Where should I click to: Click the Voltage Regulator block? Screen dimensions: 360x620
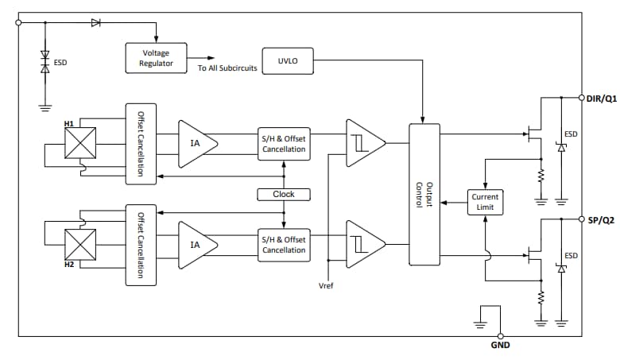pos(157,58)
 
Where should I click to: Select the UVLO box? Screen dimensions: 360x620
pos(286,60)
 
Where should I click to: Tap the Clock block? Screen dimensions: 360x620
pos(283,194)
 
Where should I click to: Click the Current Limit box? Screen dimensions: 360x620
pos(485,202)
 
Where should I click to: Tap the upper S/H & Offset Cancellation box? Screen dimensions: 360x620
pos(283,143)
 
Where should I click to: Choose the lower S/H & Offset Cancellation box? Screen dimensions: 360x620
pos(283,244)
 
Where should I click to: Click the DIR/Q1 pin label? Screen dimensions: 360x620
pos(601,98)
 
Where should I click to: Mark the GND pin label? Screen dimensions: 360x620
pos(501,346)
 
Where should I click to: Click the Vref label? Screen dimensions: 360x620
pos(327,285)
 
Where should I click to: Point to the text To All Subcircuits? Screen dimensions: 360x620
pos(227,68)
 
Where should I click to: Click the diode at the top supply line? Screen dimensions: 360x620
pos(96,23)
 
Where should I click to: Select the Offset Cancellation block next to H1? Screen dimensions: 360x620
pos(141,143)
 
